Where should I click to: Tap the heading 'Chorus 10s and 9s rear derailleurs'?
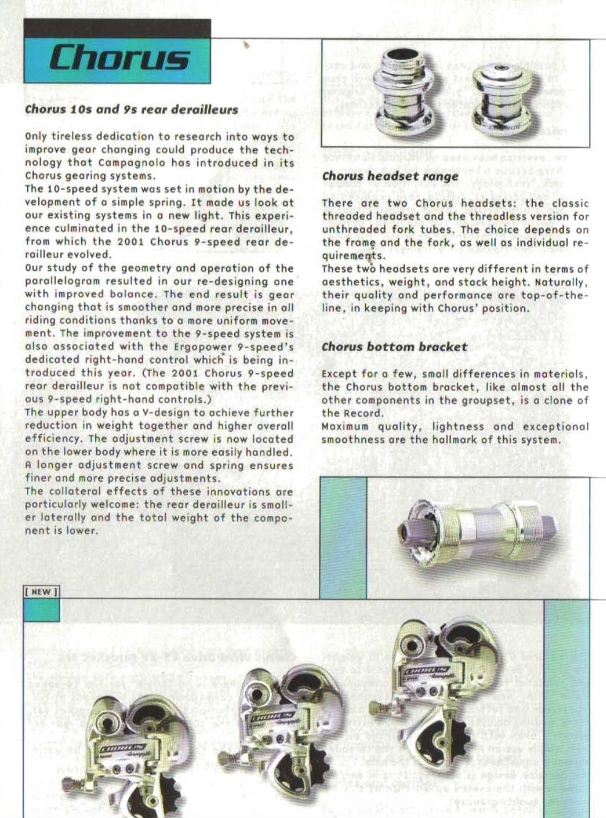tap(131, 110)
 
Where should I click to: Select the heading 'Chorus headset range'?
tap(390, 177)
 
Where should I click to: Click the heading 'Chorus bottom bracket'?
tap(395, 347)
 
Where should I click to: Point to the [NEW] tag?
tap(41, 592)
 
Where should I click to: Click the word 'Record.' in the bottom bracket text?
tap(363, 413)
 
